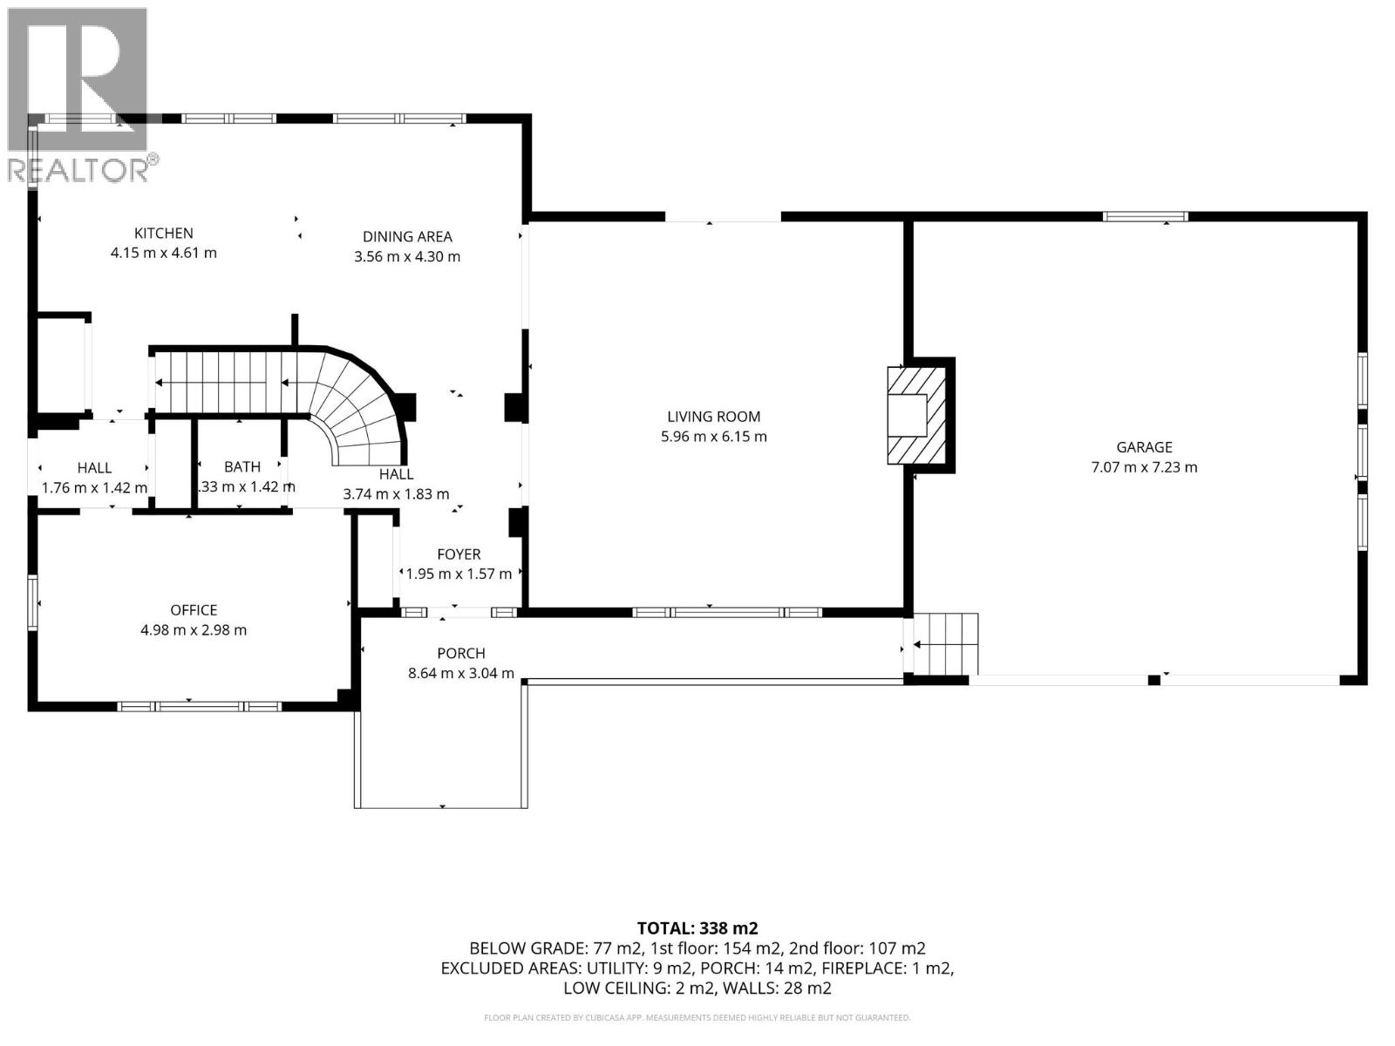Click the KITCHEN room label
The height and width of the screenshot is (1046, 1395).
coord(163,233)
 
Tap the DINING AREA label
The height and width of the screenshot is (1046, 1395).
coord(407,236)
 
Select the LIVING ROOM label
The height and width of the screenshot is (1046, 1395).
coord(713,417)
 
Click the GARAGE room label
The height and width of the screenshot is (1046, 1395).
coord(1144,447)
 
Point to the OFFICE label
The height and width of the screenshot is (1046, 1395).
coord(194,610)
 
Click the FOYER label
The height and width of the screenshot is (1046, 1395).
coord(459,554)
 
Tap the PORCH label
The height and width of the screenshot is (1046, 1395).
coord(460,653)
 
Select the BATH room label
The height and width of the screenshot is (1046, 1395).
coord(242,467)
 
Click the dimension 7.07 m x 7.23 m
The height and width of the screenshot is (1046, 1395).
coord(1144,467)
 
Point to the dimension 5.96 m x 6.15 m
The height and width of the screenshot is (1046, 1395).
coord(713,437)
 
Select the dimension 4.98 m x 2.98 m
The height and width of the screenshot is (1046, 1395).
coord(194,630)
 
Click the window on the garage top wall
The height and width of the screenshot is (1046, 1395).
coord(1145,216)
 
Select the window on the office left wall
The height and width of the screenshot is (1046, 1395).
coord(32,601)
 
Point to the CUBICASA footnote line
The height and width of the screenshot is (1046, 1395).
coord(697,1017)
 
